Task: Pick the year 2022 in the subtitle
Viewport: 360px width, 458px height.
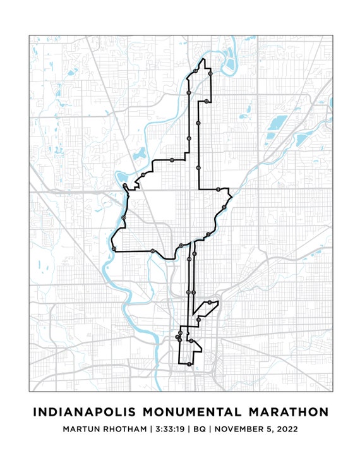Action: click(285, 430)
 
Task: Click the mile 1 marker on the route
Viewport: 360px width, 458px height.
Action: click(190, 340)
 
